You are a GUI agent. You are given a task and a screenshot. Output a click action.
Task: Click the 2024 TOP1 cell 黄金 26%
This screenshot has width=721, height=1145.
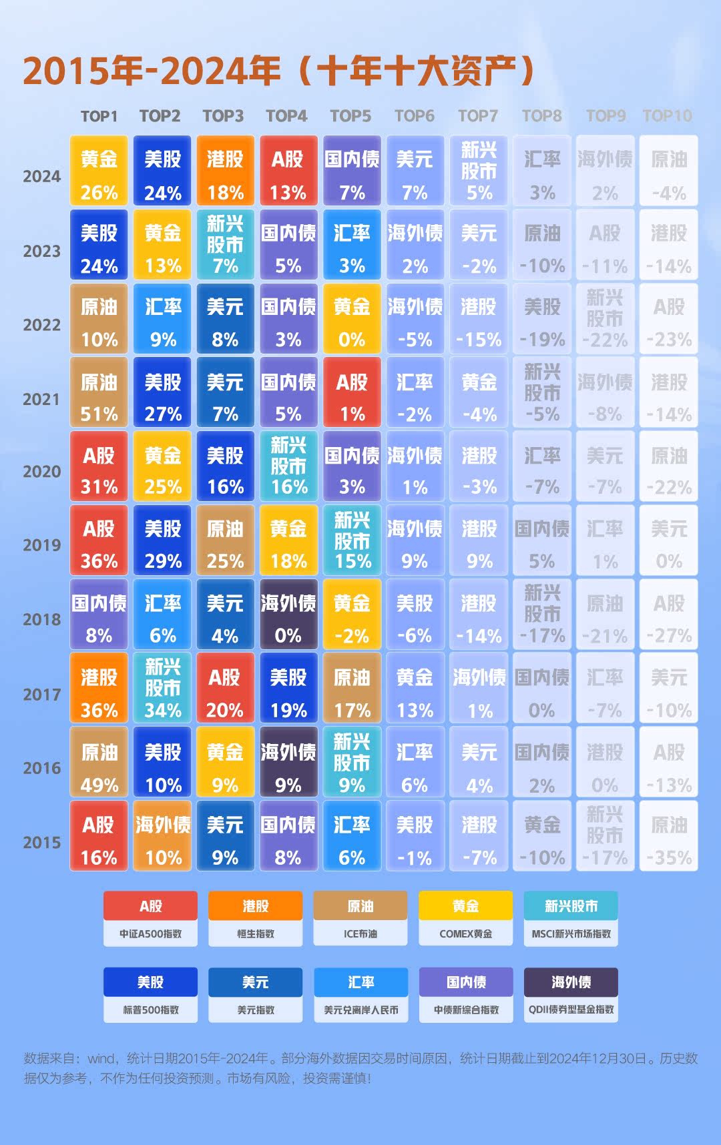click(x=99, y=171)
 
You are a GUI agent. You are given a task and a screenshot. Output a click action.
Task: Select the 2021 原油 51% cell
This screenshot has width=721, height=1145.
click(x=99, y=392)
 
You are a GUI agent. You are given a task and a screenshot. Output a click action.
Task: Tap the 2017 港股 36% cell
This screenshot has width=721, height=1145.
click(x=99, y=688)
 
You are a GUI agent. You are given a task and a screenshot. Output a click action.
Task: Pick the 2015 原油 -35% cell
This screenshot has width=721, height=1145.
click(x=668, y=835)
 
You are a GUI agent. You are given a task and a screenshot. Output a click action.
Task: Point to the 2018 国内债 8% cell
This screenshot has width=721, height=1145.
click(x=99, y=614)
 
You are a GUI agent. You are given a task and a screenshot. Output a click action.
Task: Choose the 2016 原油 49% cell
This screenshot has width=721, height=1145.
click(x=99, y=762)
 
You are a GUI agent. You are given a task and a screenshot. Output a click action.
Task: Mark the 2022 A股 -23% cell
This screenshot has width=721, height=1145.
click(x=668, y=318)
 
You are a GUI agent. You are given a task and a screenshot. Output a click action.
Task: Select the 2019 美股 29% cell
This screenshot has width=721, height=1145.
click(x=162, y=540)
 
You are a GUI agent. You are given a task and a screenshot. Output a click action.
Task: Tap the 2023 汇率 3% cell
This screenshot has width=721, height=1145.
click(x=352, y=244)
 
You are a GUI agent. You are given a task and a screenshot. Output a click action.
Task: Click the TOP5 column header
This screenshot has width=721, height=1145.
click(x=350, y=116)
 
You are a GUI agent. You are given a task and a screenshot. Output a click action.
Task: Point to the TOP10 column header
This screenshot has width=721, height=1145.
click(x=667, y=116)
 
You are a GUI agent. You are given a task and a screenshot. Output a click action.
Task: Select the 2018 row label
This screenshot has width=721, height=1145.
click(x=41, y=619)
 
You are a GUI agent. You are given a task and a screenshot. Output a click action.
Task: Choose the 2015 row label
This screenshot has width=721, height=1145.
click(x=41, y=842)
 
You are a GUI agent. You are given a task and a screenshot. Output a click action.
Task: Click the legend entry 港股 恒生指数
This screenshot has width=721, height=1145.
click(x=256, y=919)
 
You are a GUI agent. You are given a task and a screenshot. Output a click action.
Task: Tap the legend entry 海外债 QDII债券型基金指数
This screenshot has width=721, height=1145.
click(x=571, y=995)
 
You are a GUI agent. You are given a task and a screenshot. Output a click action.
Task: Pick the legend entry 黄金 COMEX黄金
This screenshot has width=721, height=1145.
click(x=465, y=919)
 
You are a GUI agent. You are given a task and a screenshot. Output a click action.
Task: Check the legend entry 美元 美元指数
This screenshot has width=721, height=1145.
click(x=256, y=995)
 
